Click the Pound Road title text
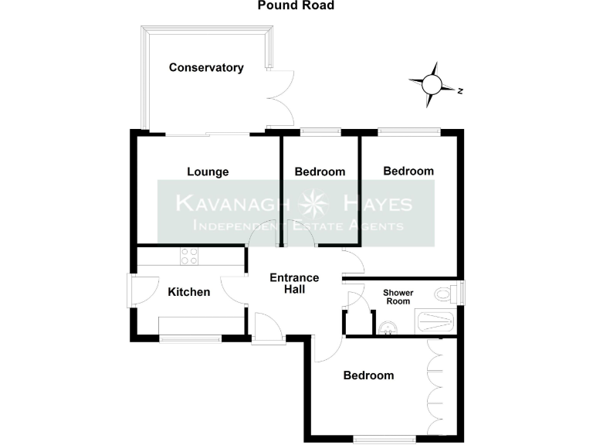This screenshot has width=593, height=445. [x=296, y=5]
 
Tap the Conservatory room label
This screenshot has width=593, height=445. [x=206, y=68]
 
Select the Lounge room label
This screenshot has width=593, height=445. [x=208, y=172]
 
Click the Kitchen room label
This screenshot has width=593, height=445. [x=189, y=292]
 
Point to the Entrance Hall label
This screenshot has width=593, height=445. [x=293, y=284]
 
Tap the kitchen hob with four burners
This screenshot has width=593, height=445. [x=190, y=255]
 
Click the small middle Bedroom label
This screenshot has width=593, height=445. [x=320, y=172]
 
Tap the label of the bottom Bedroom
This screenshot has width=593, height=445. [x=368, y=375]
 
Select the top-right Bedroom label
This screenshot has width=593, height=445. [x=408, y=171]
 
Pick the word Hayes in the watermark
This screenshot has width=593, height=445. [x=378, y=205]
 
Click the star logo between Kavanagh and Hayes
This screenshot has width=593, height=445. [x=314, y=205]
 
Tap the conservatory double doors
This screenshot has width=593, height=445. [x=281, y=98]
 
